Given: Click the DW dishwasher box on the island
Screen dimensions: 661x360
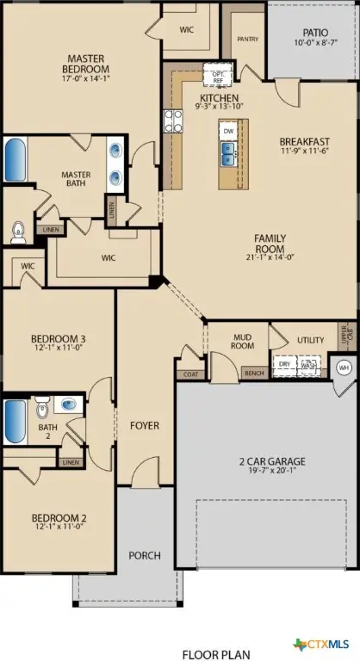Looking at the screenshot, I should point(228,130).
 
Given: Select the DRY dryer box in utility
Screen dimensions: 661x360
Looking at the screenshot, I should point(283,364).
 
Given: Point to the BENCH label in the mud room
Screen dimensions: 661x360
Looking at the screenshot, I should point(254,374).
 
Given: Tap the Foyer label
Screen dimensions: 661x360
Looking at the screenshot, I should point(145,425).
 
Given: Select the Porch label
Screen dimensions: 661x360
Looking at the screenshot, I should point(145,555).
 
